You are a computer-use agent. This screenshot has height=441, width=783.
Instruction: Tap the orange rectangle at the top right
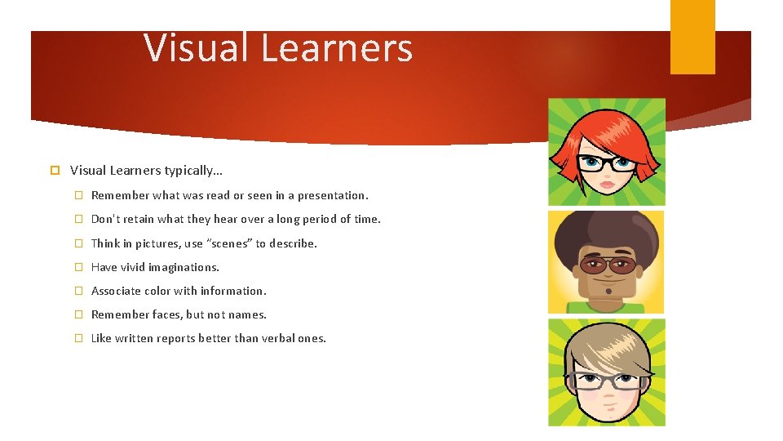tap(692, 36)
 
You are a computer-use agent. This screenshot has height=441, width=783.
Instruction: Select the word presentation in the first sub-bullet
tap(332, 195)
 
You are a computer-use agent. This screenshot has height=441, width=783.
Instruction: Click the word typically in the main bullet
tap(191, 171)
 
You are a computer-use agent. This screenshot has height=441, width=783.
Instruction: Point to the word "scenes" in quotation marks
tap(230, 243)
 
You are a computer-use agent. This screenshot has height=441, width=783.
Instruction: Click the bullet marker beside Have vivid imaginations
tap(80, 267)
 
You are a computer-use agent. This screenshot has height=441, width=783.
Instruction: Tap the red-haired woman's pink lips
tap(607, 184)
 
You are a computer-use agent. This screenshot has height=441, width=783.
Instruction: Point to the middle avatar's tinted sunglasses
tap(607, 265)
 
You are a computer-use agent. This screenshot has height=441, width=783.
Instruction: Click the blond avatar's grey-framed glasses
tap(607, 381)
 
